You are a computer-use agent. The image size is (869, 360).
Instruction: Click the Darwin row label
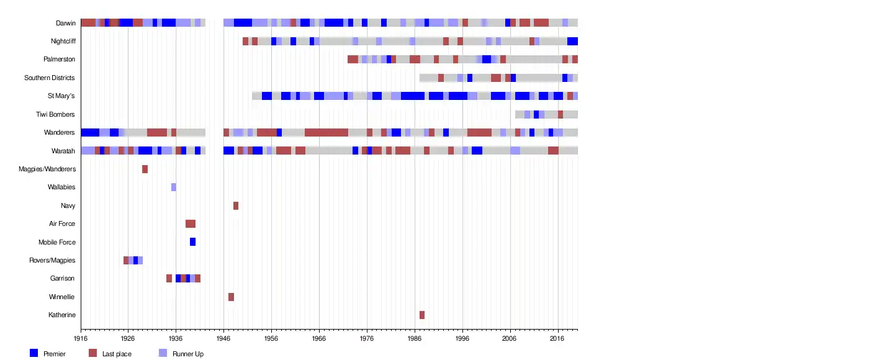pyautogui.click(x=65, y=23)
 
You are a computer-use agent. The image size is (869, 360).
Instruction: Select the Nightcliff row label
pyautogui.click(x=63, y=42)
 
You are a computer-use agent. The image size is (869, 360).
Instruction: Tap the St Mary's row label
pyautogui.click(x=61, y=96)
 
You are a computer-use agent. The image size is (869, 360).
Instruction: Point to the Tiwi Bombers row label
pyautogui.click(x=55, y=114)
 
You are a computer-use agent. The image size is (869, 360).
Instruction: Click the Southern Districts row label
pyautogui.click(x=50, y=78)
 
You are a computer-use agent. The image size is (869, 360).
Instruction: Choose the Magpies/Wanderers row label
pyautogui.click(x=47, y=169)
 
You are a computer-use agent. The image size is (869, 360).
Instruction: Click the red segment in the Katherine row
pyautogui.click(x=422, y=315)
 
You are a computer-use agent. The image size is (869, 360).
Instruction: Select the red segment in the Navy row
pyautogui.click(x=236, y=205)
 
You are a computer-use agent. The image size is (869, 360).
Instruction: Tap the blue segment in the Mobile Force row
pyautogui.click(x=192, y=242)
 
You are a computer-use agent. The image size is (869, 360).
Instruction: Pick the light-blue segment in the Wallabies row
pyautogui.click(x=174, y=187)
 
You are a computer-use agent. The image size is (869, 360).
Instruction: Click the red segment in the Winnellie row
pyautogui.click(x=231, y=297)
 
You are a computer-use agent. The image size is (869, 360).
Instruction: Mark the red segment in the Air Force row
pyautogui.click(x=191, y=224)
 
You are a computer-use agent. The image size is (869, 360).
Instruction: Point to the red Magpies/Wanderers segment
pyautogui.click(x=145, y=169)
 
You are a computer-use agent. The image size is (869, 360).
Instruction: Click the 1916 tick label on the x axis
pyautogui.click(x=81, y=339)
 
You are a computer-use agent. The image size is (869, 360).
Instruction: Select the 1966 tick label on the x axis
pyautogui.click(x=319, y=339)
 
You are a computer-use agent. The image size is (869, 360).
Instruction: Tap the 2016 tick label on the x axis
pyautogui.click(x=557, y=339)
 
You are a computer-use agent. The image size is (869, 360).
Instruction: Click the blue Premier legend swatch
pyautogui.click(x=34, y=353)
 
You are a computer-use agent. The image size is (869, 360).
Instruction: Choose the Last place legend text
pyautogui.click(x=117, y=354)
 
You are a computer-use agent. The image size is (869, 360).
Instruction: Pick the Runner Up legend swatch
pyautogui.click(x=163, y=353)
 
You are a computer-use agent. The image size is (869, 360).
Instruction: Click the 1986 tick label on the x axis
pyautogui.click(x=415, y=339)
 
